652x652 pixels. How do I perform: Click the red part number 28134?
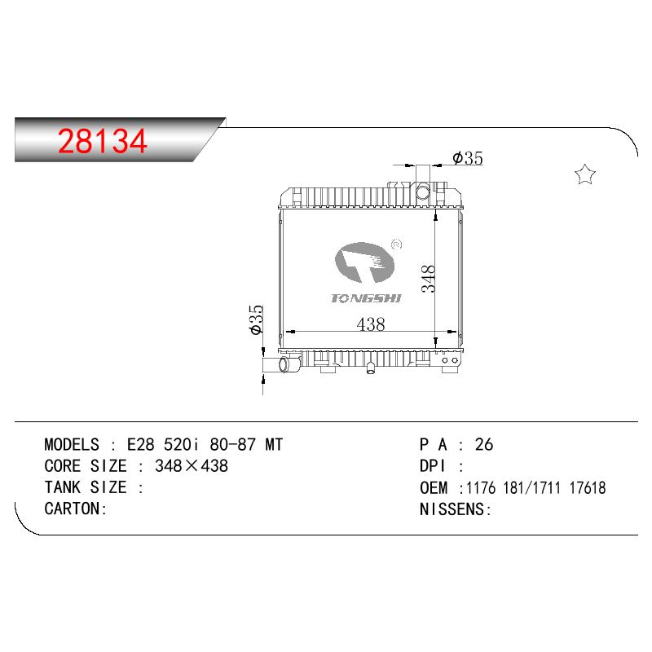click(x=103, y=141)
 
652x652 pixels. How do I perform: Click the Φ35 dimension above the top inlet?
click(x=468, y=158)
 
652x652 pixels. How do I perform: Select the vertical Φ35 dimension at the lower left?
click(x=257, y=319)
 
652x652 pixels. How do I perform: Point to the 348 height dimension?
click(x=428, y=279)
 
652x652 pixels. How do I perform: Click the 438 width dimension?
click(x=371, y=324)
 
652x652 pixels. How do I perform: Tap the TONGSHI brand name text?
click(x=366, y=298)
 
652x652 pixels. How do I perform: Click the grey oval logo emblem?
click(x=363, y=262)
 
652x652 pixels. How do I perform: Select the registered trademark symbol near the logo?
click(x=397, y=244)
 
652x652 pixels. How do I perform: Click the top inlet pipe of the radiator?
click(x=423, y=183)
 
